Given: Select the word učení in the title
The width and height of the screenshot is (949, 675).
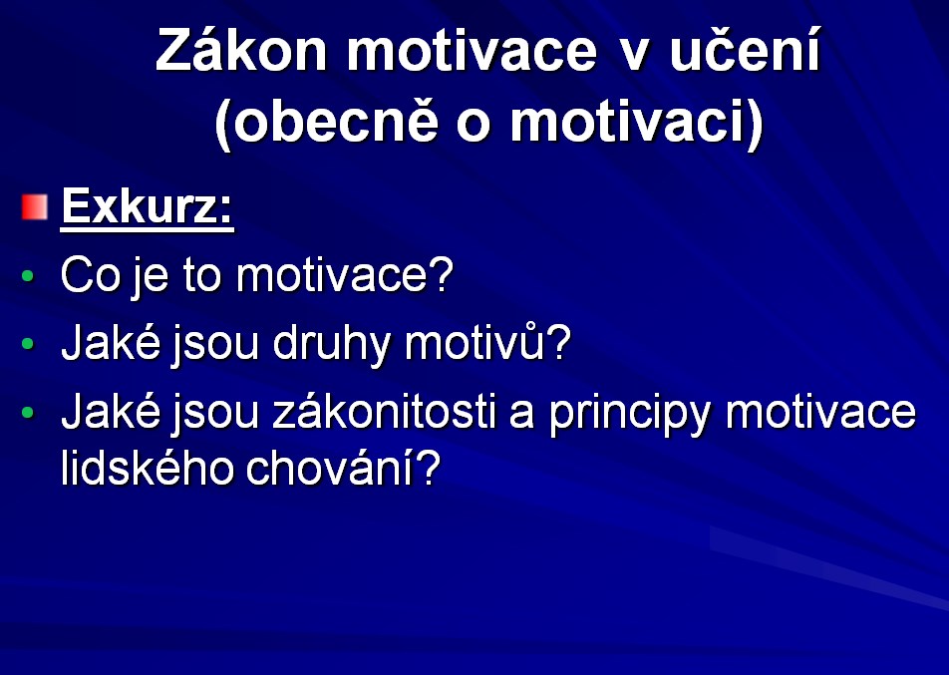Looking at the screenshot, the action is [745, 49].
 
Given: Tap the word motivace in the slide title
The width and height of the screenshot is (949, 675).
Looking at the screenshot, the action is [473, 51].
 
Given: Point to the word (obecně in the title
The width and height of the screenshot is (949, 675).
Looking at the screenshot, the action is [326, 122].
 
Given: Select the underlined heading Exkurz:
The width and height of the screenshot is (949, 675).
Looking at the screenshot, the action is [148, 207].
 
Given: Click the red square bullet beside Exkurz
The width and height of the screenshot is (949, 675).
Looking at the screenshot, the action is [35, 207].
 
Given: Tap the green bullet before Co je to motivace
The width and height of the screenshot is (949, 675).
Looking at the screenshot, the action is [28, 276].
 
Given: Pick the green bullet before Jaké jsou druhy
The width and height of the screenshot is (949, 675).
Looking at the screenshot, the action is [28, 344].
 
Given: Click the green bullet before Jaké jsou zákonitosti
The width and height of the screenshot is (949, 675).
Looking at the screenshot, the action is [28, 413].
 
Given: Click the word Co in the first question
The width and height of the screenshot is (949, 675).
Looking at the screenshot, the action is [90, 275].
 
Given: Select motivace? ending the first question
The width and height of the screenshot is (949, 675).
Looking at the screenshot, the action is [344, 275].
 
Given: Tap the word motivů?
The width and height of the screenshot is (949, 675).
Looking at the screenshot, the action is [487, 342].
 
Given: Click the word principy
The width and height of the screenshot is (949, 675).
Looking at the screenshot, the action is [629, 414].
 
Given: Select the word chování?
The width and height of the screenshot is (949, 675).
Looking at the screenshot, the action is [343, 468].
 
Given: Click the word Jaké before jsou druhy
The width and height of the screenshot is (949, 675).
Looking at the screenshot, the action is [112, 343].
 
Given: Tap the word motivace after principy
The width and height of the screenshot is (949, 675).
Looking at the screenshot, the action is [820, 412].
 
